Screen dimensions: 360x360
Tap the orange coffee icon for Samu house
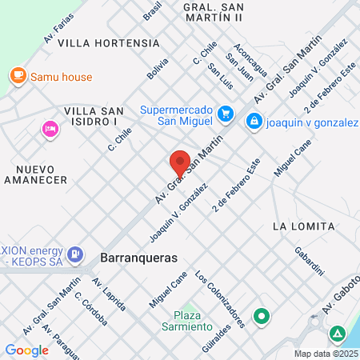[17, 75]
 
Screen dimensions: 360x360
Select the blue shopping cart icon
[226, 114]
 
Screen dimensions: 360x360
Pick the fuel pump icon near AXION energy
[75, 254]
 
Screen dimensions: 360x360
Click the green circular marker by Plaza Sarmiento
[262, 317]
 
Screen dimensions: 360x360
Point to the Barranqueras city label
[138, 258]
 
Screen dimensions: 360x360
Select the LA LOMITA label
[303, 226]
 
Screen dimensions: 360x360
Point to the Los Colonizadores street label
[218, 301]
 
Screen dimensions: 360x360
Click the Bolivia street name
[158, 68]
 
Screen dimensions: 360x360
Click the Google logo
[27, 350]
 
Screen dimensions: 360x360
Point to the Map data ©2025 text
[326, 354]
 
